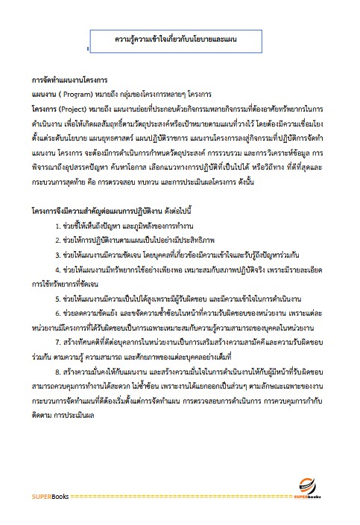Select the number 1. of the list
point(58,225)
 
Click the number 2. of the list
point(58,239)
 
